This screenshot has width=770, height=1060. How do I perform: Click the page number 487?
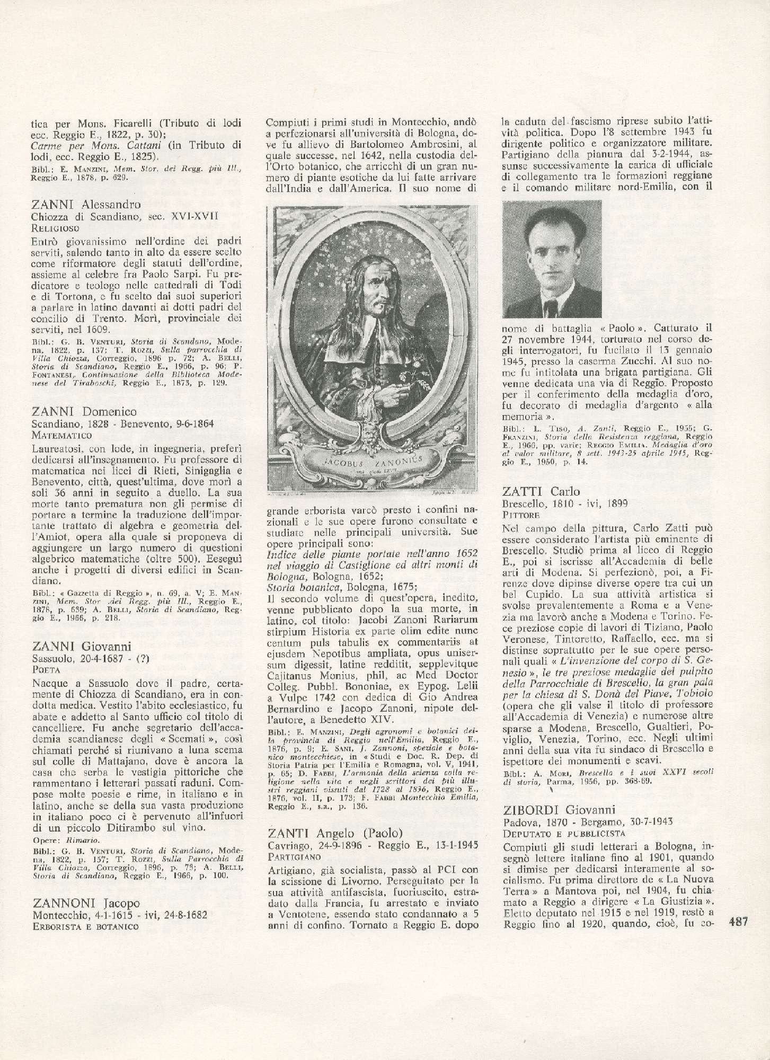[x=738, y=981]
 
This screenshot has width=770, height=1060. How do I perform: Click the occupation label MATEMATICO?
[x=61, y=435]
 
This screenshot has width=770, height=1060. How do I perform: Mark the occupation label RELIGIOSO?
[x=55, y=228]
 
